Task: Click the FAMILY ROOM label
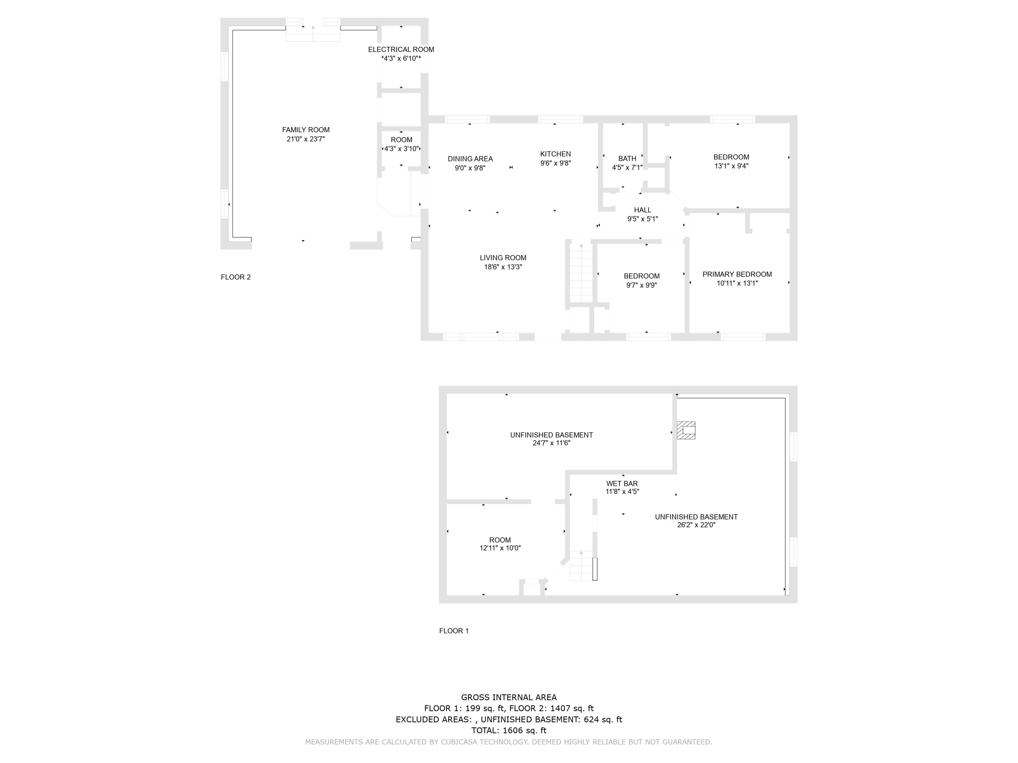(306, 130)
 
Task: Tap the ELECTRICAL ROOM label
(401, 49)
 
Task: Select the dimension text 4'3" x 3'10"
(401, 149)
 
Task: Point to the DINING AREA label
(470, 159)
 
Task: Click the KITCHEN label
(555, 154)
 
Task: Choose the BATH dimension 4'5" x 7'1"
(627, 168)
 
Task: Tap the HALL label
(642, 210)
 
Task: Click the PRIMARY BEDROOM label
(737, 274)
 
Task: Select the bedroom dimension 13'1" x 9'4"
(731, 166)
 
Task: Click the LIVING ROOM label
(503, 257)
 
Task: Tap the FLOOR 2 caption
(235, 277)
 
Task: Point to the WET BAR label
(622, 483)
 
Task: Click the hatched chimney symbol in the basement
(686, 430)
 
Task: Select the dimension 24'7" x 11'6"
(551, 443)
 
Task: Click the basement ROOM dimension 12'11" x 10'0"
(500, 548)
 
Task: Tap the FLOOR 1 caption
(454, 630)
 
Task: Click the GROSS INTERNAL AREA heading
(509, 697)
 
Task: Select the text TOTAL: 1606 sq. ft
(509, 730)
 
